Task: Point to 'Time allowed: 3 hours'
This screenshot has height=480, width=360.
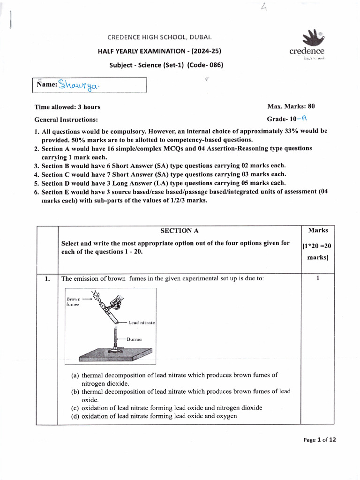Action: pyautogui.click(x=67, y=107)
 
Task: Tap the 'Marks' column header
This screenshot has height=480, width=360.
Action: pyautogui.click(x=318, y=230)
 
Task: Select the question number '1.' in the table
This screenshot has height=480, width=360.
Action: pyautogui.click(x=47, y=279)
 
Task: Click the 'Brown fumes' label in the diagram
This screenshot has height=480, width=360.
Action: pyautogui.click(x=74, y=301)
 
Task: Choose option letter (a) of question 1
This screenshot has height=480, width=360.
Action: pyautogui.click(x=75, y=375)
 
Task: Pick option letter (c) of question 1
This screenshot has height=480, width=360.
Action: pyautogui.click(x=75, y=408)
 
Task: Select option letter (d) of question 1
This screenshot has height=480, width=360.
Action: pyautogui.click(x=75, y=416)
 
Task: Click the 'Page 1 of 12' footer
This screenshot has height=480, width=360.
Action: pyautogui.click(x=320, y=440)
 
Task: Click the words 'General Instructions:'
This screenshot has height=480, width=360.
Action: pyautogui.click(x=66, y=120)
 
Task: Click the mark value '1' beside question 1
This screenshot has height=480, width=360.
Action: pyautogui.click(x=317, y=278)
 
